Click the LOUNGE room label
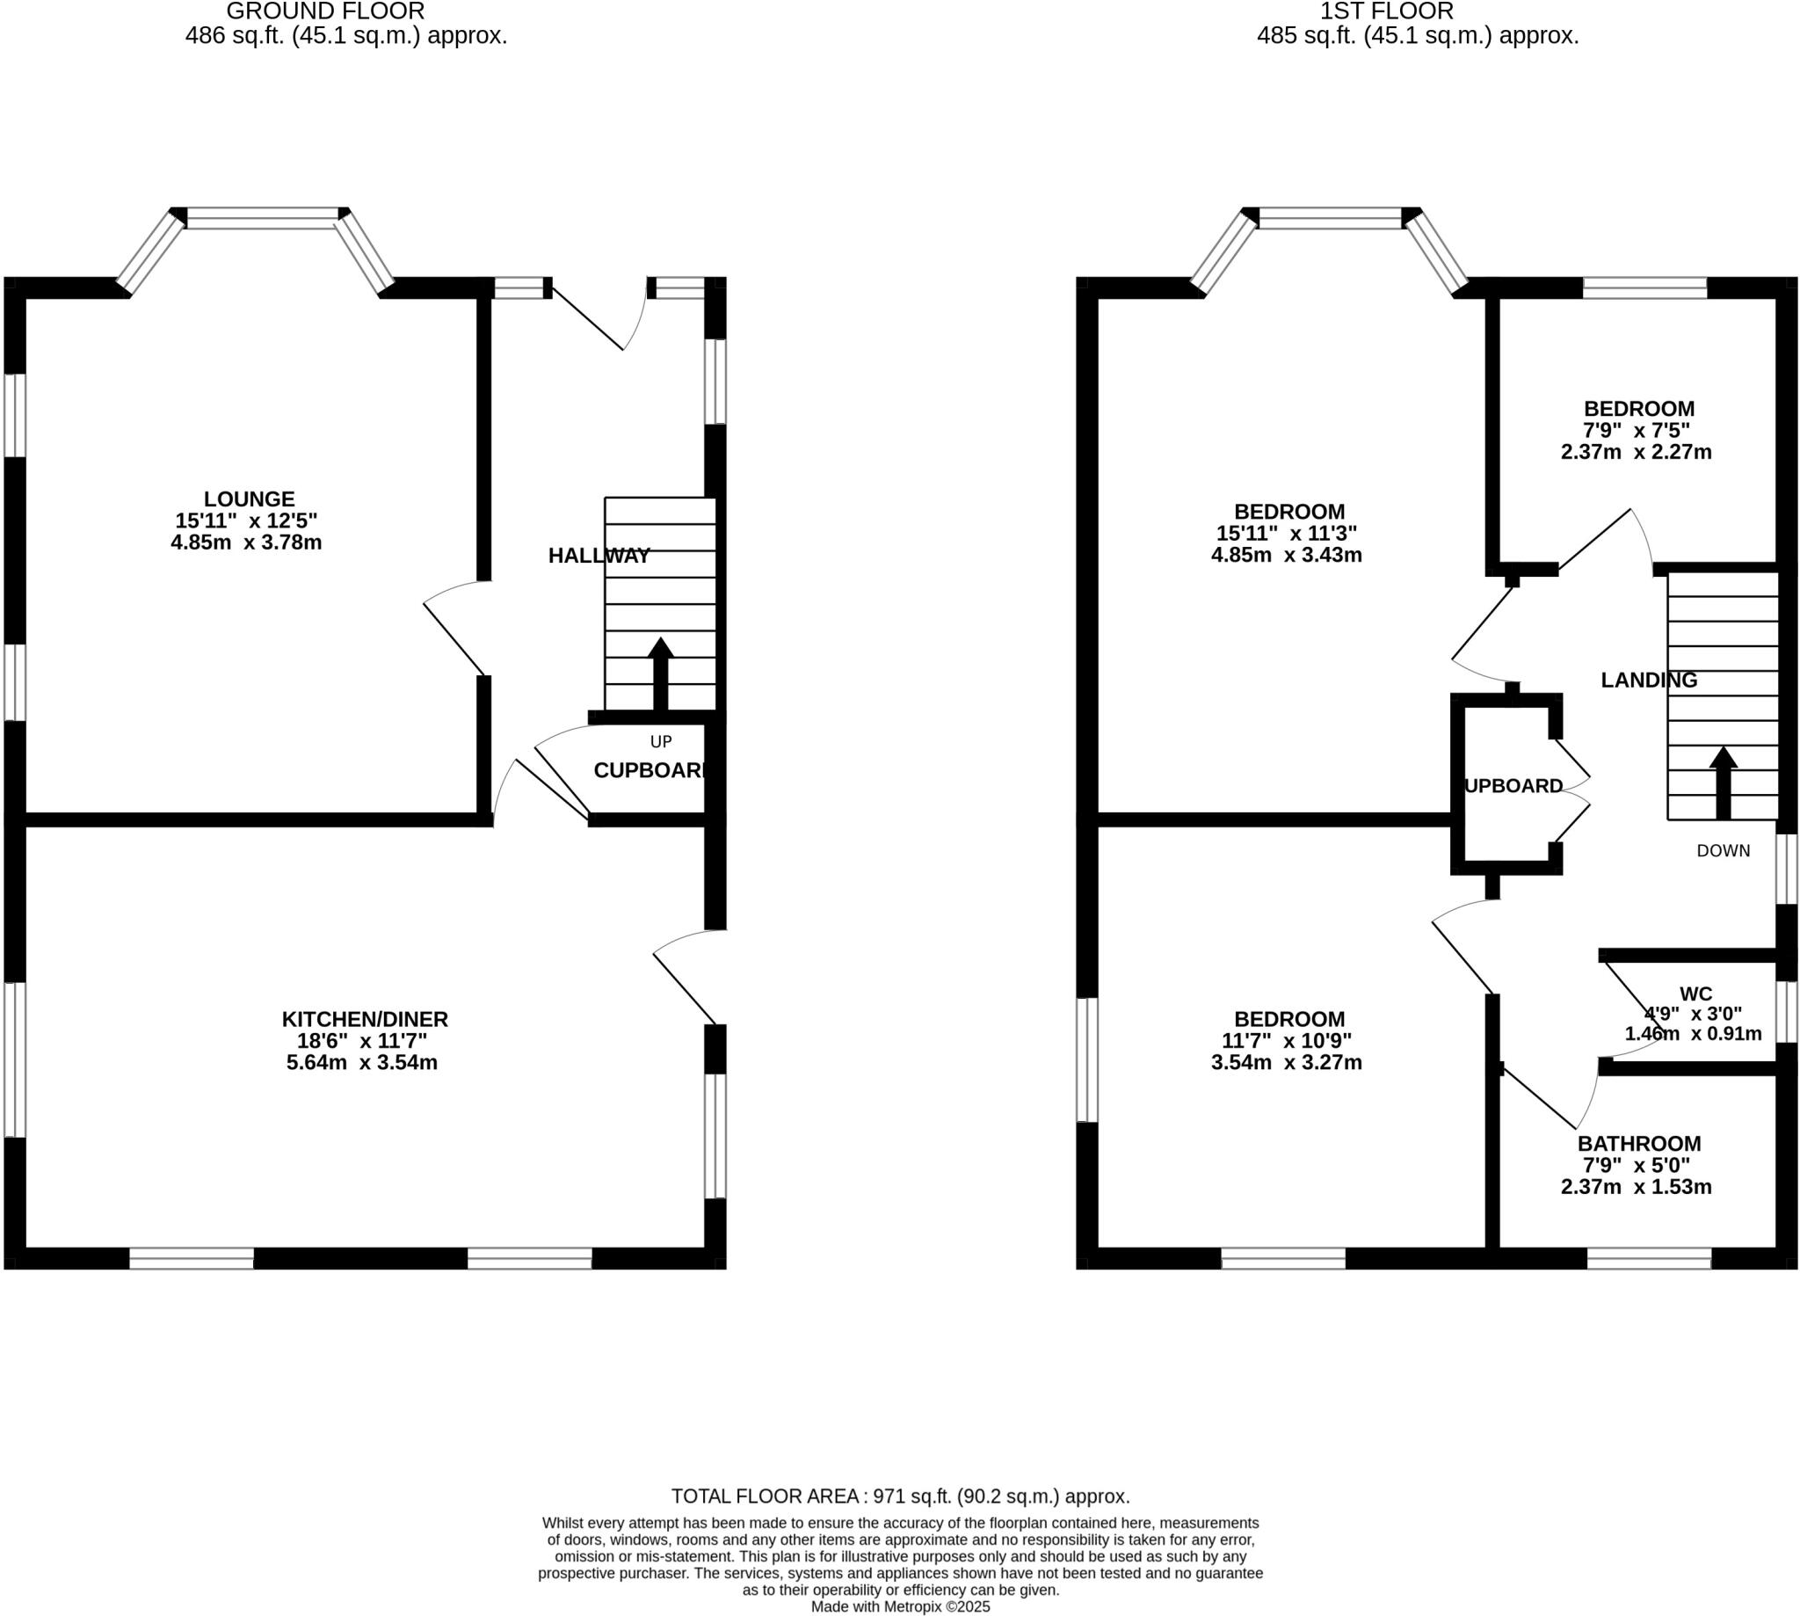pos(249,499)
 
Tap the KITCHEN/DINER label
pos(365,1019)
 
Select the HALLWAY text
pos(599,556)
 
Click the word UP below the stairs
pos(661,741)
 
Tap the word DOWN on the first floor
pos(1723,850)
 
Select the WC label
pos(1695,994)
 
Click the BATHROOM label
pos(1638,1144)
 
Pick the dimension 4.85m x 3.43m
pos(1286,556)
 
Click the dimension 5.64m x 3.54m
pos(362,1063)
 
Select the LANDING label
pos(1648,681)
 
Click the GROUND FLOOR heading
pos(326,11)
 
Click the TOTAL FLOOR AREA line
pos(900,1496)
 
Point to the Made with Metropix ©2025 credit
pos(900,1607)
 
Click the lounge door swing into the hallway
pos(454,626)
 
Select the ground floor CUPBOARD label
pos(650,771)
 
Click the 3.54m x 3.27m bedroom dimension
pos(1286,1063)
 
